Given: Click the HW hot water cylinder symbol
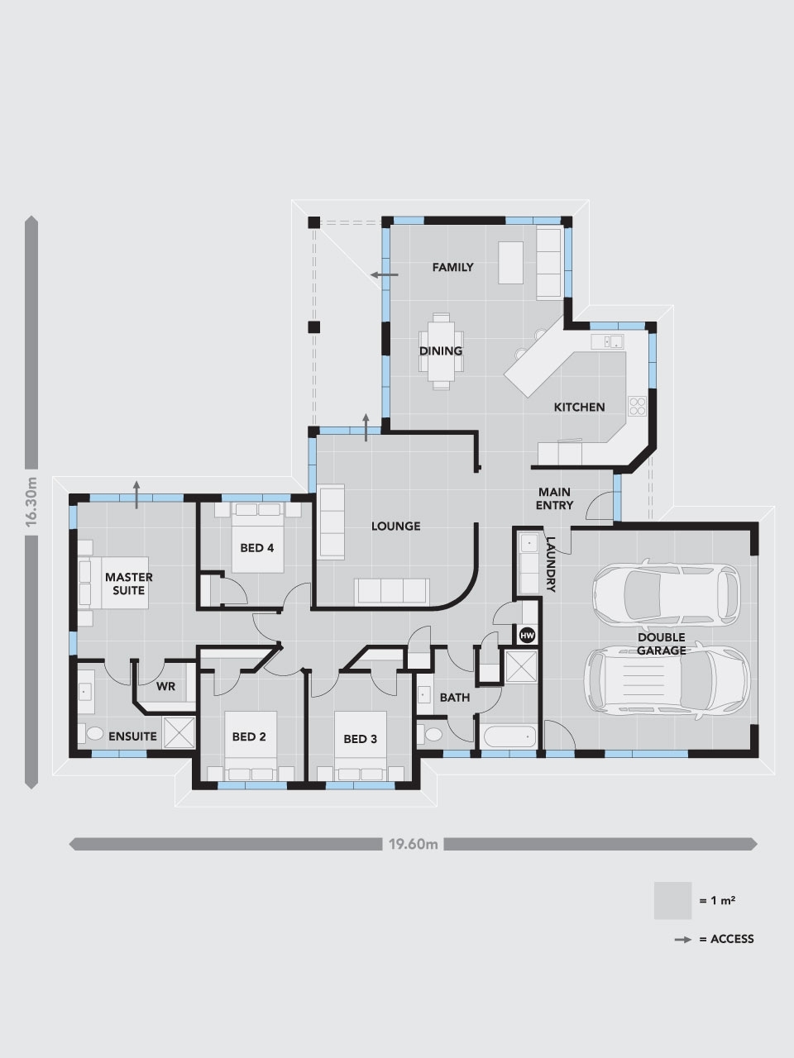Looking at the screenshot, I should coord(527,635).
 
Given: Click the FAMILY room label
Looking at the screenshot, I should coord(453,267).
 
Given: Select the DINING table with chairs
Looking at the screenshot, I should coord(440,350).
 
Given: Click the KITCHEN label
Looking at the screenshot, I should coord(579,407).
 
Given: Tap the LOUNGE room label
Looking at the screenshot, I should coord(395,526).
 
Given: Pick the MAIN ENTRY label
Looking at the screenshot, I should coord(554,498).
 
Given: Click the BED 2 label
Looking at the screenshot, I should coord(249,736).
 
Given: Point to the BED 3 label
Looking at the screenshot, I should coord(360,738).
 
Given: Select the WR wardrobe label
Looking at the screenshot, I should coord(166,686).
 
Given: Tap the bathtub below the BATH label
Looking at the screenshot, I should coord(508,735).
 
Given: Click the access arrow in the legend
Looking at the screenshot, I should coord(682,939).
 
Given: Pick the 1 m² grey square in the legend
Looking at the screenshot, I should coord(672,900).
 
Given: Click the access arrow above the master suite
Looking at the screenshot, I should coord(137,488).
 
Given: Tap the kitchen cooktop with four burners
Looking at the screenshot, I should coord(638,405).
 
